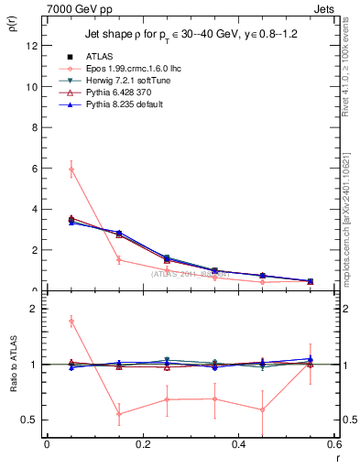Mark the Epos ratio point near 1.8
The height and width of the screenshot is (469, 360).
point(71,321)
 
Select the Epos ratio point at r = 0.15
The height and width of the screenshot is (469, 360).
point(119,414)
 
